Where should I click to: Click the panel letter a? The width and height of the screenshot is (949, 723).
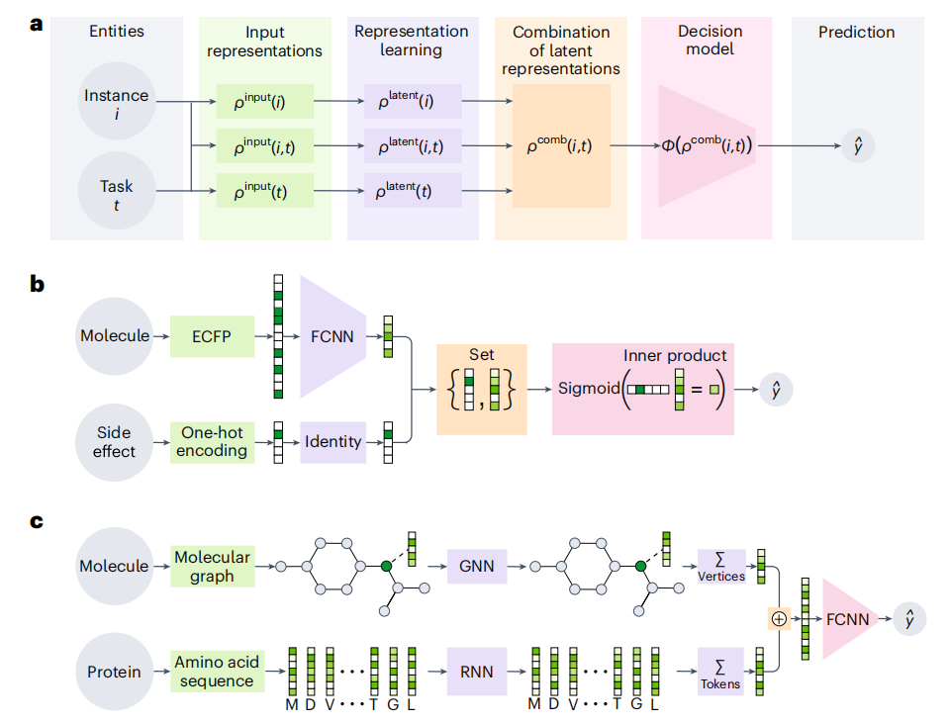point(37,23)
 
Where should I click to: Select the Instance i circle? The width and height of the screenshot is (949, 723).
point(116,102)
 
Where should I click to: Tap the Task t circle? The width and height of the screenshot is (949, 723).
point(116,191)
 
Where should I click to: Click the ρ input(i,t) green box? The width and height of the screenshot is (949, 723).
point(264,146)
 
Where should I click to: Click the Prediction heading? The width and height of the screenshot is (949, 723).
point(856,33)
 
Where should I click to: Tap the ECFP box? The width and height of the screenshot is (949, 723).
point(213,336)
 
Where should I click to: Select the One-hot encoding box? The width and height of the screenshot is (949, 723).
point(213,441)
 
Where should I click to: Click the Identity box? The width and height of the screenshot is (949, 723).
point(332,441)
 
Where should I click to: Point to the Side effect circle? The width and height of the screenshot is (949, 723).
point(116,441)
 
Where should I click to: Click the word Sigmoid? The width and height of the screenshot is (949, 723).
point(587,389)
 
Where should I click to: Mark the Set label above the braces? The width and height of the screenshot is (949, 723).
point(481,353)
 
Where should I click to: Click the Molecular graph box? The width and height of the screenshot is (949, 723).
point(213,567)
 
